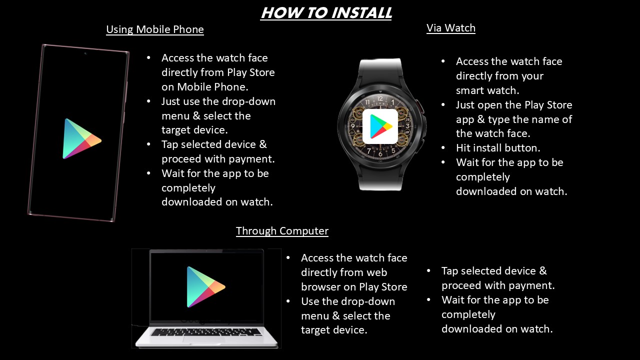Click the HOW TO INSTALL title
[326, 13]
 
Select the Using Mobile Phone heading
[155, 29]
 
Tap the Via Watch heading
[451, 28]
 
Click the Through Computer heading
[282, 231]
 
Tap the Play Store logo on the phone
[81, 139]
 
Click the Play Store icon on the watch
[380, 126]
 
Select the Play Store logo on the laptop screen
[205, 287]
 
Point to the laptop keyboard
[206, 332]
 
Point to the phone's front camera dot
[85, 53]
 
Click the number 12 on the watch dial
[379, 98]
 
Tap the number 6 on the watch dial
[380, 154]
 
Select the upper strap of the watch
[380, 71]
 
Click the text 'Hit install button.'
[498, 148]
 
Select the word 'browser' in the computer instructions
[320, 287]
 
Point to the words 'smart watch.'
[487, 90]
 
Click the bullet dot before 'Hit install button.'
[443, 148]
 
